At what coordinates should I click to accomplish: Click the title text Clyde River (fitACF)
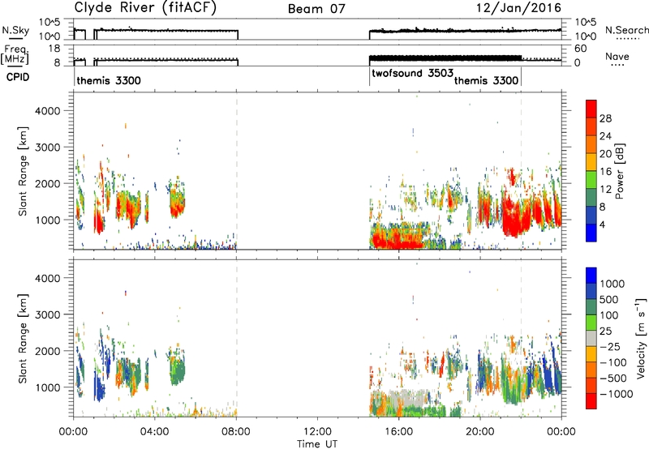pyautogui.click(x=145, y=8)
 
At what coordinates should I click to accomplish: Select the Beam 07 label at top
pyautogui.click(x=316, y=9)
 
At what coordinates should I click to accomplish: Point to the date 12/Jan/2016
pyautogui.click(x=519, y=8)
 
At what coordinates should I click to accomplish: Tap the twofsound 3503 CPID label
pyautogui.click(x=413, y=74)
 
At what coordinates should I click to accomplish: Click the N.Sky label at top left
pyautogui.click(x=15, y=31)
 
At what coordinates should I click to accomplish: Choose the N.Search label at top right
pyautogui.click(x=626, y=30)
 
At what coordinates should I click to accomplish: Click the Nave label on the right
pyautogui.click(x=617, y=56)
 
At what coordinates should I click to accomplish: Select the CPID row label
pyautogui.click(x=18, y=77)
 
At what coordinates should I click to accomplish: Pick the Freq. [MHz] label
pyautogui.click(x=16, y=55)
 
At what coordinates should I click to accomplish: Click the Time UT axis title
pyautogui.click(x=317, y=444)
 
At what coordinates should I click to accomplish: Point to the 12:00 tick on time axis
pyautogui.click(x=317, y=432)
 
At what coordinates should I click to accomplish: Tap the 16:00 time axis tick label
pyautogui.click(x=398, y=432)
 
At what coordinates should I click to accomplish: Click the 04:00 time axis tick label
pyautogui.click(x=155, y=432)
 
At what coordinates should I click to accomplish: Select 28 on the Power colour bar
pyautogui.click(x=605, y=118)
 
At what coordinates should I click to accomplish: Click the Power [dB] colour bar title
pyautogui.click(x=620, y=171)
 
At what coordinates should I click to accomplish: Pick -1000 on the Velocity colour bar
pyautogui.click(x=617, y=394)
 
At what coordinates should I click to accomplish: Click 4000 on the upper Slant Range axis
pyautogui.click(x=48, y=111)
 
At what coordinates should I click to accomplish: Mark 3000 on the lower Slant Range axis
pyautogui.click(x=48, y=314)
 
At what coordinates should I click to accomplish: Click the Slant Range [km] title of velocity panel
pyautogui.click(x=23, y=339)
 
